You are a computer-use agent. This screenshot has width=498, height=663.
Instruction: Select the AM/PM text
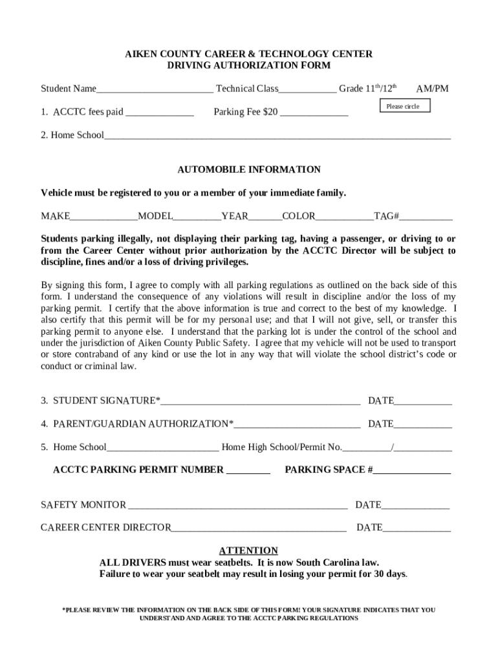click(x=432, y=89)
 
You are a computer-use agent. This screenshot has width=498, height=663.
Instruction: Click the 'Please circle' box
click(x=403, y=106)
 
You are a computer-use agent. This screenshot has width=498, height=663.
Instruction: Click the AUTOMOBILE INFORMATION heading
click(x=249, y=170)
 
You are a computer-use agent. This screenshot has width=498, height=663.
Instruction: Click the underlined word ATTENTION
click(x=248, y=551)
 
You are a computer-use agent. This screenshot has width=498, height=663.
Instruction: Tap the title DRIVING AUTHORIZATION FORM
click(x=249, y=65)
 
